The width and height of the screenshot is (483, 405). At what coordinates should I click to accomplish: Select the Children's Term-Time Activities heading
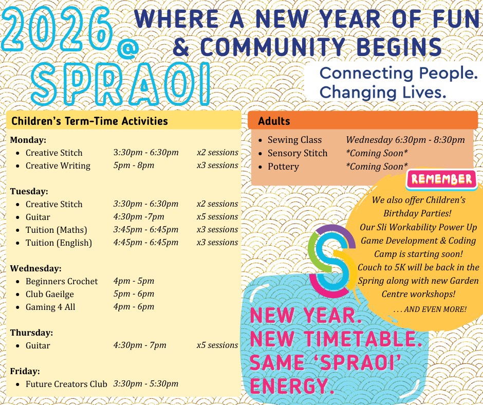coord(90,121)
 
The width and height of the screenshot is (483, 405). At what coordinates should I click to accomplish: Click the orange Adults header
coord(362,121)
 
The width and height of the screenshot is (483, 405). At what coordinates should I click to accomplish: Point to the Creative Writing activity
coord(58,165)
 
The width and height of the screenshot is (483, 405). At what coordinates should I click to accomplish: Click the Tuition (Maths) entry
coord(56,230)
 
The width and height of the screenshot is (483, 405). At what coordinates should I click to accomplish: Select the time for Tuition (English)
coord(146,242)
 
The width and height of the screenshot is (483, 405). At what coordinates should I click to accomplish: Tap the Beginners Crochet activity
coord(61,281)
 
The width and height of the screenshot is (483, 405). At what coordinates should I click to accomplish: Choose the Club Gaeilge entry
coord(49,294)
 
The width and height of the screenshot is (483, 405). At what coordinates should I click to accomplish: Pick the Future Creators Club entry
coord(66,384)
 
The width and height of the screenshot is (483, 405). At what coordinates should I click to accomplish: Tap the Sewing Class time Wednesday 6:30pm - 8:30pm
coord(405,140)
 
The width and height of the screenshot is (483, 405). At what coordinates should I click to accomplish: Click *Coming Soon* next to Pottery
coord(377,167)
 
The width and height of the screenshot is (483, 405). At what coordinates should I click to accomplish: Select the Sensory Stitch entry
coord(297,153)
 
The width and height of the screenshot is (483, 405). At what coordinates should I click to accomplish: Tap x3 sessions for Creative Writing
coord(217,165)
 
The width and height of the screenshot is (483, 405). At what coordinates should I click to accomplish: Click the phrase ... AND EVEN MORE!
coord(430,309)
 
